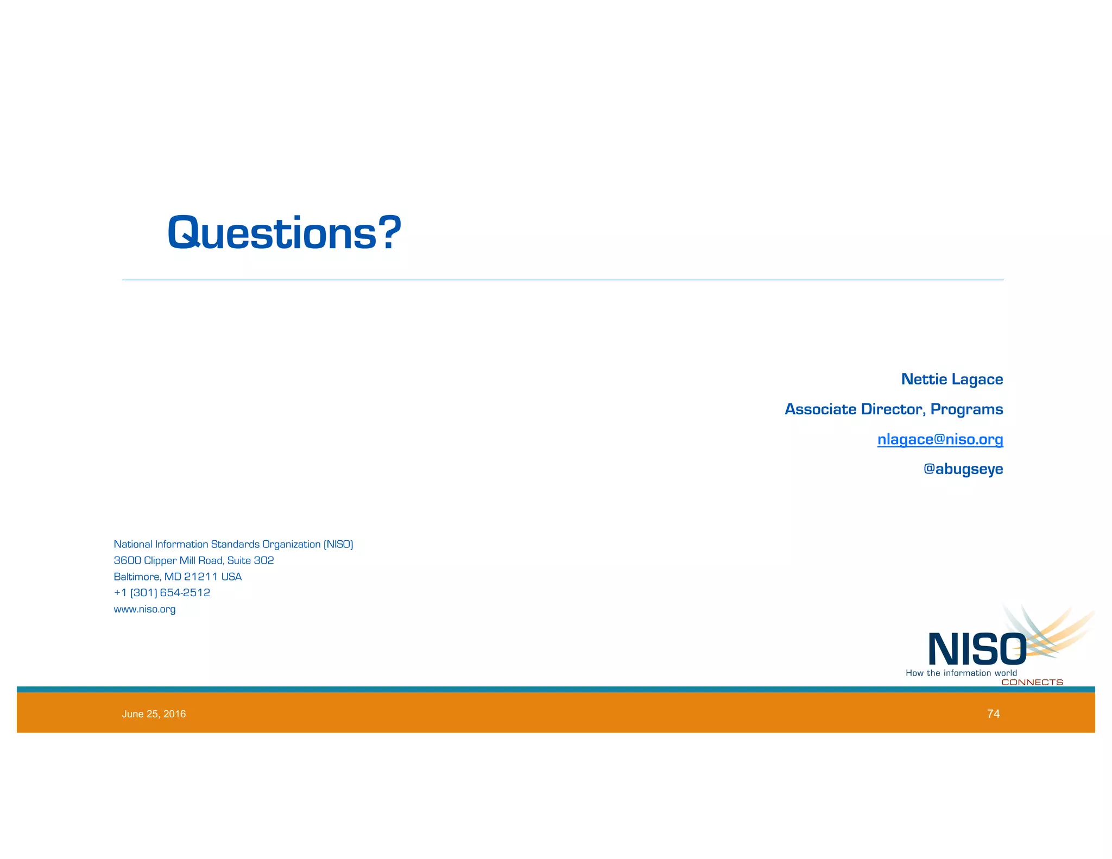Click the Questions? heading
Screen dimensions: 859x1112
(284, 233)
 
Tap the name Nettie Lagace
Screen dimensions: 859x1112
(952, 379)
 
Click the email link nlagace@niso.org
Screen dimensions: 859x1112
(940, 439)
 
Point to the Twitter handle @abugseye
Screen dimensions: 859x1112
(963, 469)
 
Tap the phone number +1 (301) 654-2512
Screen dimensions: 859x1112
(162, 592)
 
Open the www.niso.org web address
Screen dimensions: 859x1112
(144, 609)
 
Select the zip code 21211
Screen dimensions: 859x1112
(201, 577)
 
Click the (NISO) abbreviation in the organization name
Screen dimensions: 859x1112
(338, 544)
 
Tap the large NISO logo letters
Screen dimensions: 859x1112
(977, 649)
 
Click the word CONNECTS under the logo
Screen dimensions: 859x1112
(1032, 683)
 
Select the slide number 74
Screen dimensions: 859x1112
(993, 714)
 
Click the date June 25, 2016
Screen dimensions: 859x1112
(154, 714)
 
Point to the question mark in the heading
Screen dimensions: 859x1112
(390, 233)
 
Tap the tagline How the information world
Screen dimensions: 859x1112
(961, 673)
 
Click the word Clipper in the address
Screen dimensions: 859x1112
(160, 560)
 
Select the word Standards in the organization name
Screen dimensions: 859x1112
(235, 544)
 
